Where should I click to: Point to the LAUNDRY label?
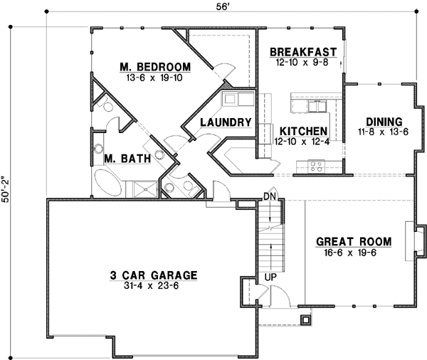226,122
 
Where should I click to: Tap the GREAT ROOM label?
352,241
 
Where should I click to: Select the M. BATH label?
126,159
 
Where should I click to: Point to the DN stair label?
269,196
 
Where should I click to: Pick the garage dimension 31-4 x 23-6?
153,287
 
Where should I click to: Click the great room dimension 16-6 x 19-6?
352,253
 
